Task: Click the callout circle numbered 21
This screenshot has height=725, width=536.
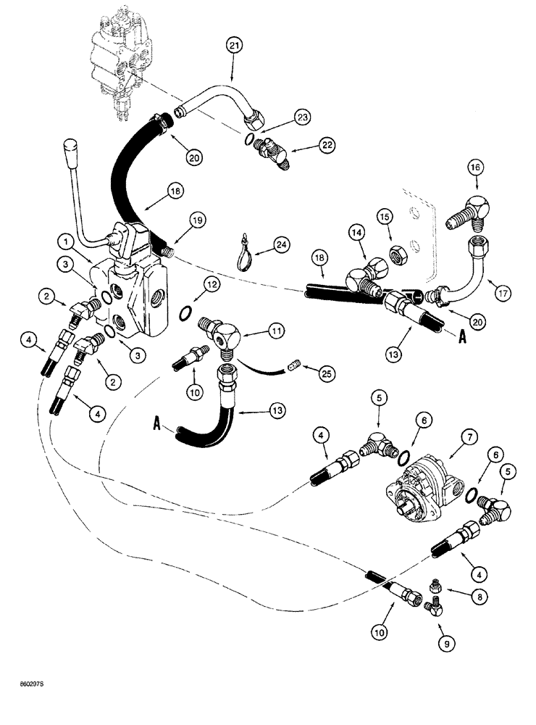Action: coord(233,47)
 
